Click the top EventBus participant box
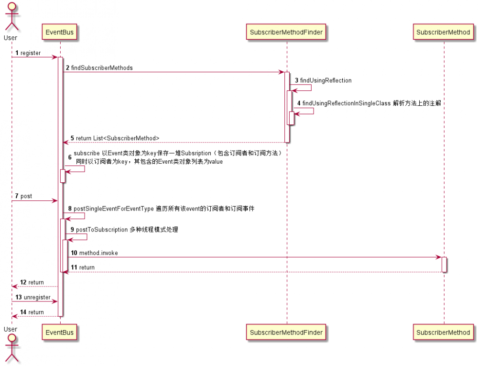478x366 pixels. (x=60, y=33)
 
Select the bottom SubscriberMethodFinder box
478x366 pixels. (x=287, y=332)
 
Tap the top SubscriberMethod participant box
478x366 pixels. (x=443, y=33)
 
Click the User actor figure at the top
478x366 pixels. (x=11, y=17)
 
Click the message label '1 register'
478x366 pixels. (x=28, y=53)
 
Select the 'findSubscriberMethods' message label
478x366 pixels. (x=102, y=68)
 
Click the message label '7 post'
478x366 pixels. (x=24, y=196)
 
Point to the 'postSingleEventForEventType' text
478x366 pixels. (x=113, y=209)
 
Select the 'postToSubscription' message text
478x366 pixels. (x=102, y=230)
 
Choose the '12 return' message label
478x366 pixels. (x=32, y=282)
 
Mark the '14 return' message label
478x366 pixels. (x=32, y=312)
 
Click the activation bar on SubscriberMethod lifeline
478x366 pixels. (x=444, y=265)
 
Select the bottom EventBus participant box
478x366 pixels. (x=60, y=332)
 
